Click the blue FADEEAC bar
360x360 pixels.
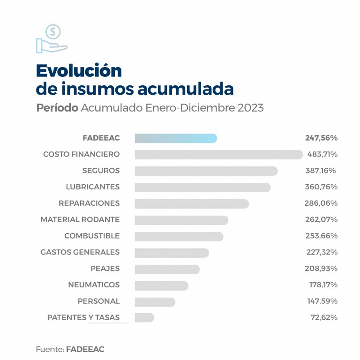point(176,138)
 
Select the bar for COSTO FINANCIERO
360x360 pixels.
point(218,155)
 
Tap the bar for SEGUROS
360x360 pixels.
point(206,171)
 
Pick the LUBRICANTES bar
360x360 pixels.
point(202,187)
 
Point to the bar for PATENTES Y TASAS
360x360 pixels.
point(144,317)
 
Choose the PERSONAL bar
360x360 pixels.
point(155,301)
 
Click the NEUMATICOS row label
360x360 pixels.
point(94,285)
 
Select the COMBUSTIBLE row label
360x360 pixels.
point(92,236)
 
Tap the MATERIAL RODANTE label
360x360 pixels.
point(80,219)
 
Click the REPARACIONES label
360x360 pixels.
point(89,203)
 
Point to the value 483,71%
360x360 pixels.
point(322,154)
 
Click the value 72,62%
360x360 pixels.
point(323,317)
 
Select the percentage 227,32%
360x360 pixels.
point(321,252)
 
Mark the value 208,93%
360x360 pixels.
point(321,269)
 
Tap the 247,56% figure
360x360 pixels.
point(321,138)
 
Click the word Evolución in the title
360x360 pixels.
point(79,70)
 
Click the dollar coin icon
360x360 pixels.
point(53,32)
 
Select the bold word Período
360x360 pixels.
point(57,108)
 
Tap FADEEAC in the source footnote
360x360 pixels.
point(85,349)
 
